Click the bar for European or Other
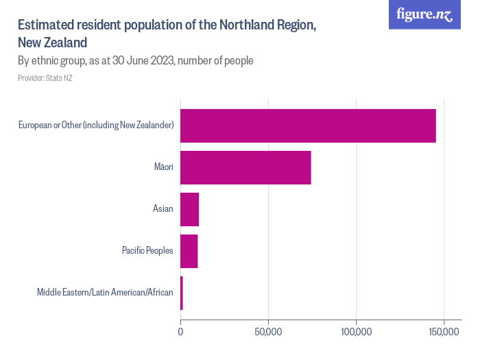[x=308, y=125]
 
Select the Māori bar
[x=245, y=167]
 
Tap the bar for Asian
[x=189, y=209]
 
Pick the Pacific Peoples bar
[x=189, y=251]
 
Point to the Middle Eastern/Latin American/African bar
[x=182, y=293]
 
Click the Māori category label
[x=163, y=167]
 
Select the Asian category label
[x=163, y=209]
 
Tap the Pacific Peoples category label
[x=147, y=251]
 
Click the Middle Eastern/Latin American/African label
[x=105, y=293]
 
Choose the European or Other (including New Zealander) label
[x=96, y=125]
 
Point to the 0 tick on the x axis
[x=180, y=332]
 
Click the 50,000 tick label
[x=268, y=332]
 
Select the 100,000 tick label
[x=356, y=332]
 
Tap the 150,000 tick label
[x=444, y=332]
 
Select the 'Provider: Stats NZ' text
[x=45, y=78]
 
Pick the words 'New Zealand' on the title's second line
[x=52, y=43]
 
